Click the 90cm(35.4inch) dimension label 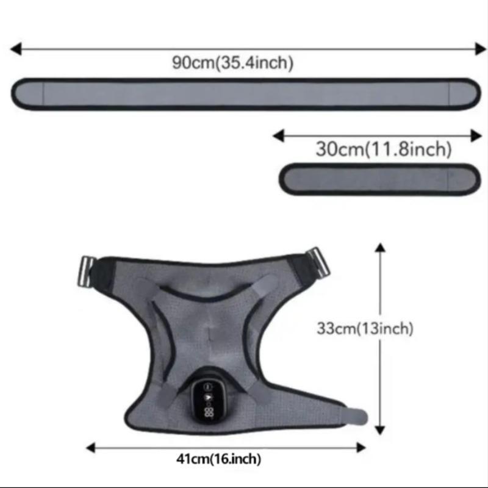point(232,62)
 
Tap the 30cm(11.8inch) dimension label point(384,149)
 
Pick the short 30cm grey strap point(380,179)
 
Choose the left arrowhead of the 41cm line point(91,447)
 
